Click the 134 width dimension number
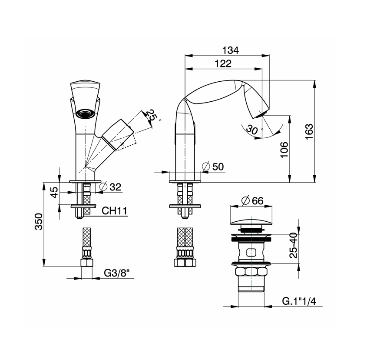point(231,50)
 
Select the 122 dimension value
point(223,63)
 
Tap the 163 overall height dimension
point(309,131)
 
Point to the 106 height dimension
point(284,150)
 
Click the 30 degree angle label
point(252,130)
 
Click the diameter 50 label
point(213,167)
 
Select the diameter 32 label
point(110,187)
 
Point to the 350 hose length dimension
point(39,221)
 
